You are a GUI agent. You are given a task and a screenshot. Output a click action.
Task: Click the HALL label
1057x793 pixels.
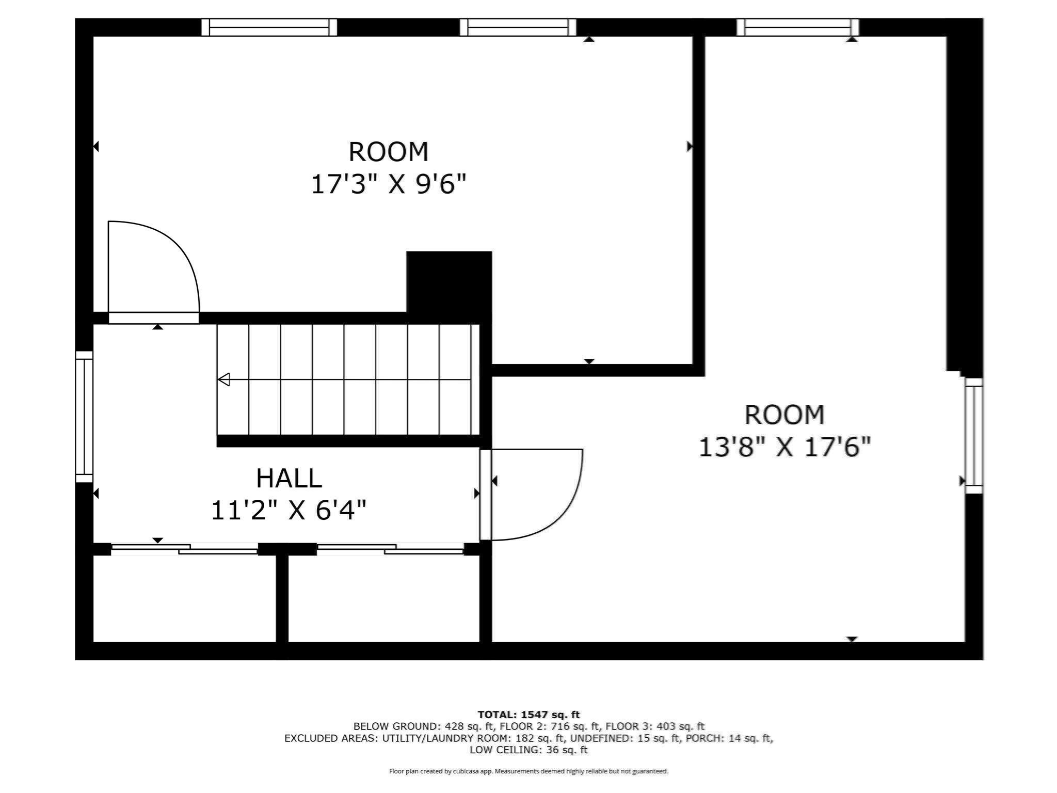coord(289,478)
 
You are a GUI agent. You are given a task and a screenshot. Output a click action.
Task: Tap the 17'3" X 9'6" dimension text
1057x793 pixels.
coord(389,184)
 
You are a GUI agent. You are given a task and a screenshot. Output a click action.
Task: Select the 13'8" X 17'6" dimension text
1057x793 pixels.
coord(784,447)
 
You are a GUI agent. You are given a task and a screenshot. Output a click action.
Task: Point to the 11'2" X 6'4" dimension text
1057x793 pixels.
coord(289,510)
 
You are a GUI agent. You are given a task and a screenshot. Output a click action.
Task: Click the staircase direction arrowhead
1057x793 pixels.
coord(223,379)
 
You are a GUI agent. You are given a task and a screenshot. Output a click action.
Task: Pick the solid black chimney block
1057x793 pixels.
coord(449,282)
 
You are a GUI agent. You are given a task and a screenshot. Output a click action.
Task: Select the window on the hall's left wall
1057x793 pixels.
coord(84,417)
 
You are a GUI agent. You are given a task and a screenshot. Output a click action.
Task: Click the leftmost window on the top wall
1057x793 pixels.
coord(269,27)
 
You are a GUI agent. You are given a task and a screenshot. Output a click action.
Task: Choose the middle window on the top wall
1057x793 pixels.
coord(518,27)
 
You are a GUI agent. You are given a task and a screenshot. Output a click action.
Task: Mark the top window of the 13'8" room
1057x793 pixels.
coord(797,27)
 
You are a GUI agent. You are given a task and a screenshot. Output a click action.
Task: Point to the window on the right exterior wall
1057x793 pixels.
coord(974,436)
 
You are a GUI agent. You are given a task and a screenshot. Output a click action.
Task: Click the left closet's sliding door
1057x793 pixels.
coord(184,549)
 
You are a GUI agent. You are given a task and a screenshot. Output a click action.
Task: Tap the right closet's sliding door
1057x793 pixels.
coord(390,549)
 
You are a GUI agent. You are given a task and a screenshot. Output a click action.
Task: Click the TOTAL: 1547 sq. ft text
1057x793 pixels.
coord(528,715)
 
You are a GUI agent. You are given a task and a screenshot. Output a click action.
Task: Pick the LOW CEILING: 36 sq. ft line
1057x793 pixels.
coord(528,750)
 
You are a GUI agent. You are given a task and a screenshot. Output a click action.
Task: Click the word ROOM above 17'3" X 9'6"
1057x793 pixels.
coord(389,152)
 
